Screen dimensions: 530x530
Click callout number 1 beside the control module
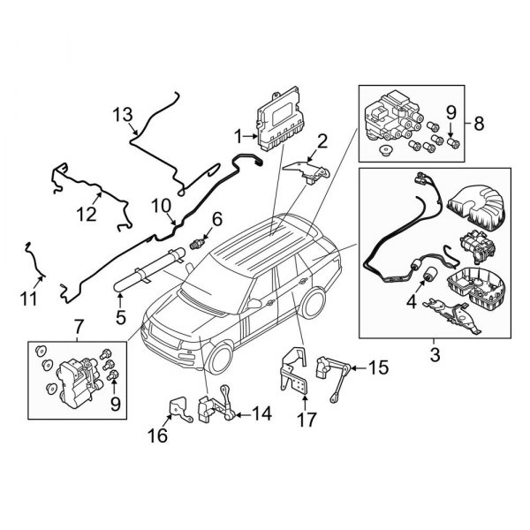point(238,135)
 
